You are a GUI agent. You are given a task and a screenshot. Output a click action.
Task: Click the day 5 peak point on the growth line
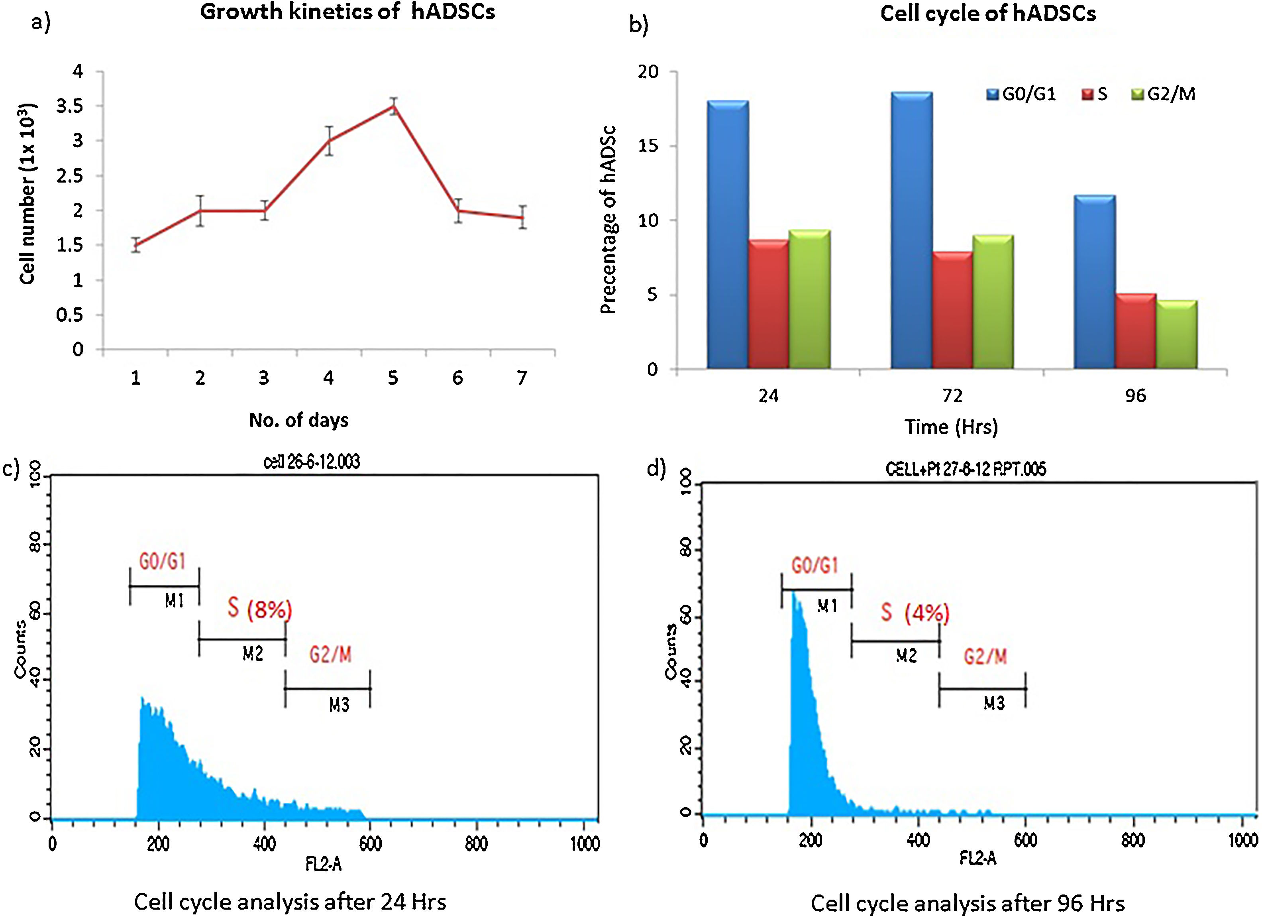tap(393, 106)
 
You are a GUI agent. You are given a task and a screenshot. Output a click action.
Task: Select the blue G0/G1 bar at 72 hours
tap(911, 230)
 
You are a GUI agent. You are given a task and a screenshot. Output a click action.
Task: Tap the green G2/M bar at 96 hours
tap(1176, 334)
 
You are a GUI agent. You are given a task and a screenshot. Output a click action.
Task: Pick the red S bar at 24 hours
tap(768, 304)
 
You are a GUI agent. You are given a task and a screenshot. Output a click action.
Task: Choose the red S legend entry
tap(1094, 94)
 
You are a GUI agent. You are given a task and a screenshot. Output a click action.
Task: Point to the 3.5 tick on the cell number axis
tap(70, 106)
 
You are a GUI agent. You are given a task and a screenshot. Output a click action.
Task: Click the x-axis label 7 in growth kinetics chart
tap(521, 378)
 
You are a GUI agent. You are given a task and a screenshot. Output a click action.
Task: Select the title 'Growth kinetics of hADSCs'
tap(347, 12)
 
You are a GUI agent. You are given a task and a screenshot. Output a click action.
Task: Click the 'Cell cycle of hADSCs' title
tap(988, 14)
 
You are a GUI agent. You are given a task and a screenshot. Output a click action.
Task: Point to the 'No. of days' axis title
tap(299, 420)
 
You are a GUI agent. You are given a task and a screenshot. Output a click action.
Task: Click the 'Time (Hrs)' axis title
tap(951, 427)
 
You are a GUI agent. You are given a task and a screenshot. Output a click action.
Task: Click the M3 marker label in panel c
tap(339, 705)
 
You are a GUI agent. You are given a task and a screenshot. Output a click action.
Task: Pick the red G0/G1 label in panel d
tap(815, 566)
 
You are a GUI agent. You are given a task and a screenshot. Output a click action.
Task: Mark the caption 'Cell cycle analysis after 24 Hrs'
tap(290, 902)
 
